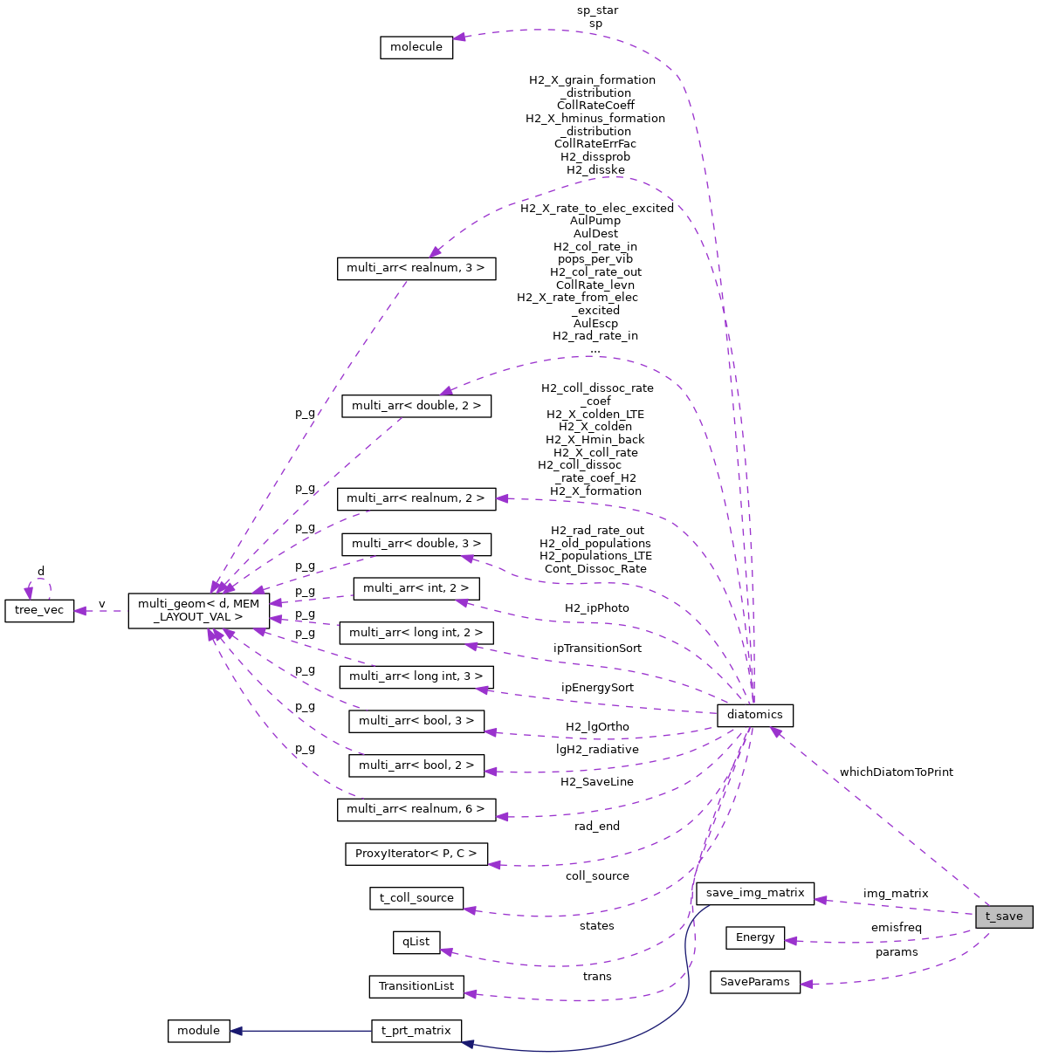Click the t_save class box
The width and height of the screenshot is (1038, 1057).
(1004, 916)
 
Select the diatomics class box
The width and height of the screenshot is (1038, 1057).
(754, 715)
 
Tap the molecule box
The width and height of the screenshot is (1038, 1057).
(416, 47)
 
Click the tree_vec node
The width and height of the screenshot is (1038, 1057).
(39, 610)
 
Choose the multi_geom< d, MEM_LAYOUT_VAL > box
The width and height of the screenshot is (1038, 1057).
(198, 610)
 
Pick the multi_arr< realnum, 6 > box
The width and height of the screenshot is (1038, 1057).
(416, 809)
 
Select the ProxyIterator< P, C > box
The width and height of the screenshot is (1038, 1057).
(416, 854)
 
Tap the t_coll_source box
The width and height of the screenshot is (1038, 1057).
(416, 898)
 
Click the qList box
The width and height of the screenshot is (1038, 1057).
(416, 942)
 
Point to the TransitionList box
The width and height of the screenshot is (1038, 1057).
(416, 986)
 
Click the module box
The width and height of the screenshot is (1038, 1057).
(198, 1031)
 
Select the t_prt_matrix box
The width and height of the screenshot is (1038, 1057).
(416, 1031)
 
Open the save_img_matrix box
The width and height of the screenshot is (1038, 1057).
(755, 893)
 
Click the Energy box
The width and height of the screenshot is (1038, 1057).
(755, 937)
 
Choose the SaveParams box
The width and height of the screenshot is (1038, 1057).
(755, 982)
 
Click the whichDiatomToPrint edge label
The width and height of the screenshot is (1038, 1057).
(896, 772)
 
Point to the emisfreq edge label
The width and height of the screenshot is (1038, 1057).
(896, 927)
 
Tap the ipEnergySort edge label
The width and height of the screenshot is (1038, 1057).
(597, 688)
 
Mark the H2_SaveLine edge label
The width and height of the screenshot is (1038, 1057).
(597, 782)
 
